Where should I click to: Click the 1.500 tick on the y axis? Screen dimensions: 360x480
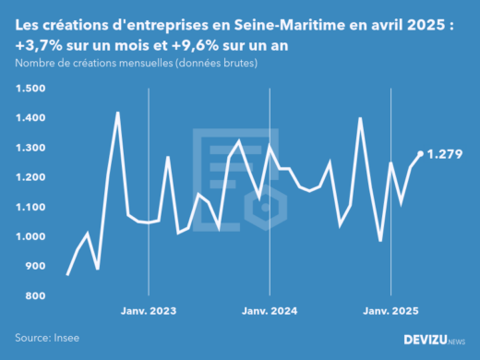(x=30, y=89)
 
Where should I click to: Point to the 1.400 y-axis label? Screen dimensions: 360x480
(x=30, y=118)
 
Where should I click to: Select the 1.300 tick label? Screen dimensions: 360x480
(x=30, y=148)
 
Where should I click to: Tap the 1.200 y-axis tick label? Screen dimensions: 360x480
(x=30, y=177)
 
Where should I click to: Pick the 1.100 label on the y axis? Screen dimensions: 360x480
(x=30, y=207)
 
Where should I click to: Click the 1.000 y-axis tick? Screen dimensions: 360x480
(x=30, y=236)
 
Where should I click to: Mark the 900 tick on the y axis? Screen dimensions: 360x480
(x=35, y=266)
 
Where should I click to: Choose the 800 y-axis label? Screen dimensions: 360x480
(x=35, y=295)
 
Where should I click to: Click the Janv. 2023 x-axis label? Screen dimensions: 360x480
(x=149, y=311)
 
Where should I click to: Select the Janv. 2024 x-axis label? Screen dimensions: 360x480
(x=270, y=311)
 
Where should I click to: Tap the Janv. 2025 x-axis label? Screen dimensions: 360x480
(x=390, y=311)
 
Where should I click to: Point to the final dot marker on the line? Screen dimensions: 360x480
(x=421, y=154)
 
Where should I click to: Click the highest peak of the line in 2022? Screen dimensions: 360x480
(x=117, y=113)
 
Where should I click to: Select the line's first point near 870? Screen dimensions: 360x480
(x=67, y=274)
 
